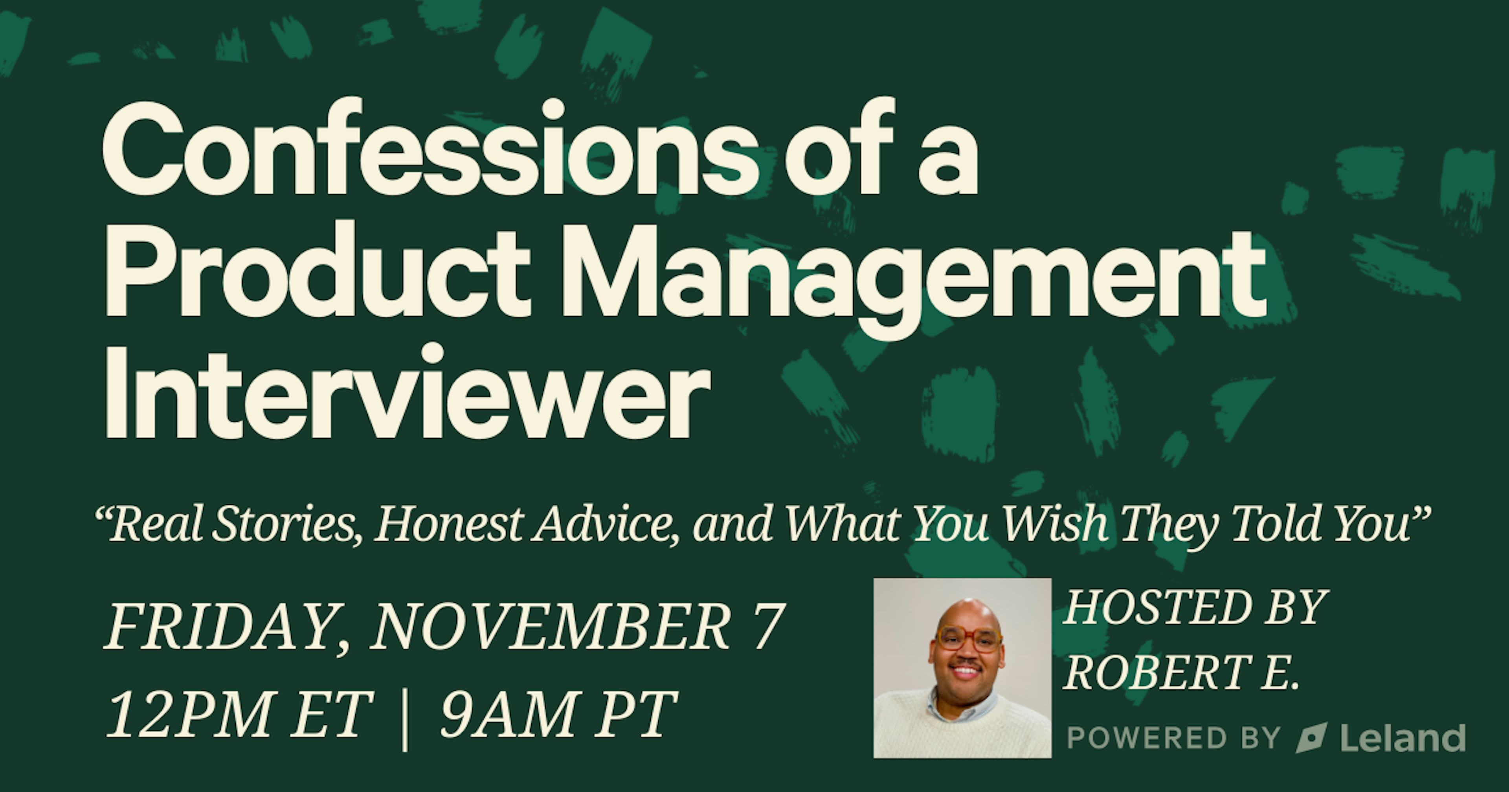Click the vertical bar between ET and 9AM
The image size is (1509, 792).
(404, 718)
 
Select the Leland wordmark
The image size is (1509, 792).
(1403, 738)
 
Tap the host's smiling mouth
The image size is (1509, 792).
(966, 669)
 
